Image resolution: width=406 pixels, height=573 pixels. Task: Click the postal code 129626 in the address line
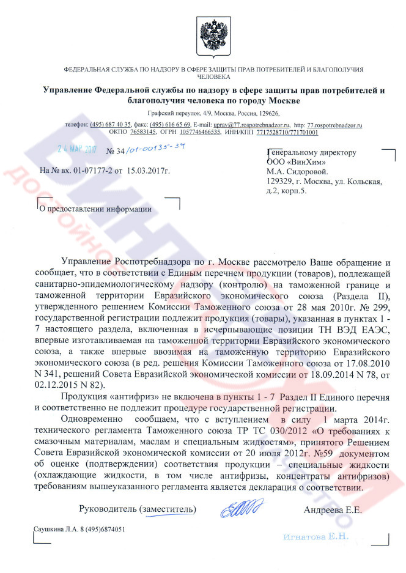267,113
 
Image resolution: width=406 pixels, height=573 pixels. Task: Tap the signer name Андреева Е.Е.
332,509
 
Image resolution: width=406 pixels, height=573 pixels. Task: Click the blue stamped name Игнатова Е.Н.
316,536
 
